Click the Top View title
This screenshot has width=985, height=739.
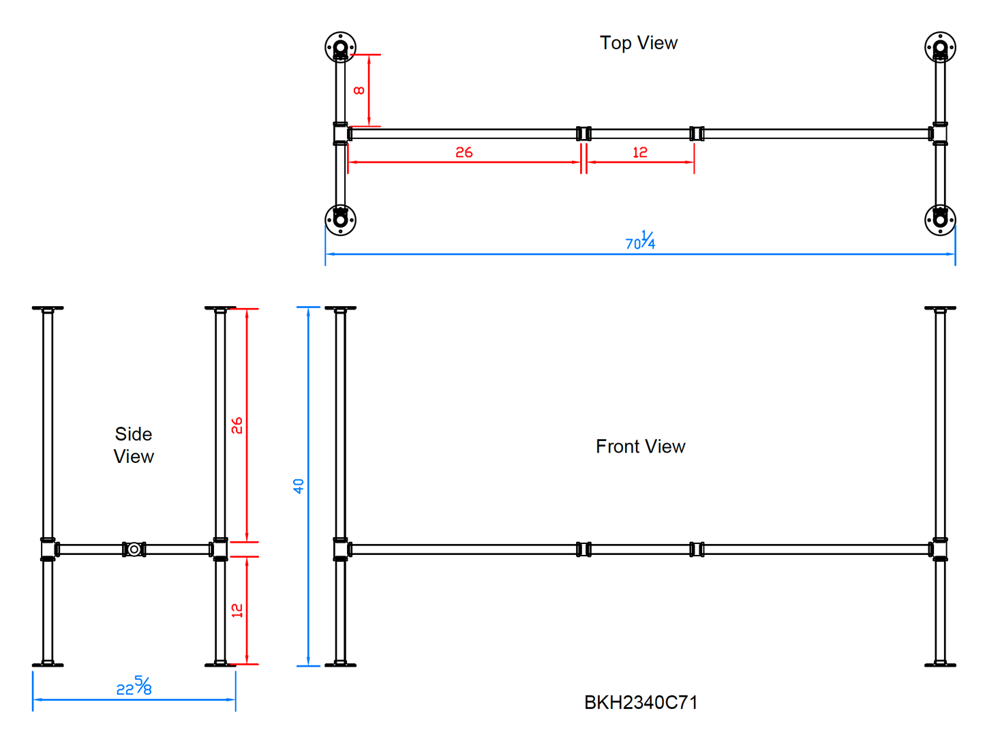(639, 43)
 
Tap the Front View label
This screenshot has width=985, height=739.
(640, 447)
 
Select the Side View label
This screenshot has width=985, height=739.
(134, 445)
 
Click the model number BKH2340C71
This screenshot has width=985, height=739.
(641, 703)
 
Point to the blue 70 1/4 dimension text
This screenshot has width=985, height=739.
(640, 241)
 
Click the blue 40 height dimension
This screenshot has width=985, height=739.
(299, 486)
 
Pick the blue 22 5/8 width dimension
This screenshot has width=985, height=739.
(134, 687)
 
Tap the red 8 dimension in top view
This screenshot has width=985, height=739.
(359, 91)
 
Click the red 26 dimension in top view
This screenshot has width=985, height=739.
(464, 153)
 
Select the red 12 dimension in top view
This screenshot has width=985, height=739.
(639, 153)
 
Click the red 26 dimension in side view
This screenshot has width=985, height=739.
(237, 426)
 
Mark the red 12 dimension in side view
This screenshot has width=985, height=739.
(237, 610)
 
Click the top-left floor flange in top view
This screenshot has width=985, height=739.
(340, 47)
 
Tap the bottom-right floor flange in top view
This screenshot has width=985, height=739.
(940, 220)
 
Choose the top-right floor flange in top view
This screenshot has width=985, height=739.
(940, 47)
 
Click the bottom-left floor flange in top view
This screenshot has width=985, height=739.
(340, 220)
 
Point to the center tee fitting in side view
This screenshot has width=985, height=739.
(134, 549)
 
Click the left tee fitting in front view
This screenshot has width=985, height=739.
(341, 549)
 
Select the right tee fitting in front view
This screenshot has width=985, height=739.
(939, 549)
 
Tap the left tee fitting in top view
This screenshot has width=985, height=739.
(341, 134)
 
